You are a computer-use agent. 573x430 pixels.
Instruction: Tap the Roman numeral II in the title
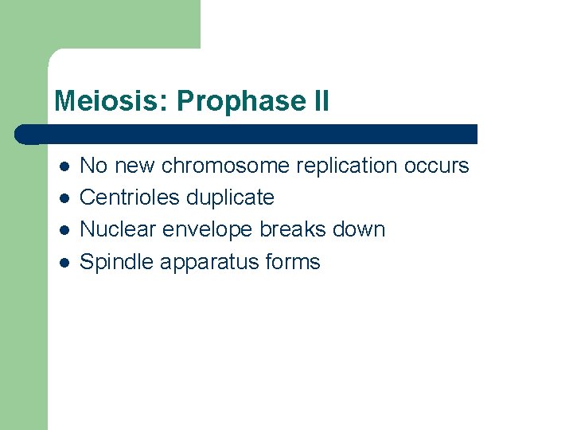click(x=318, y=101)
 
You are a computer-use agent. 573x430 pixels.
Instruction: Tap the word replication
click(x=348, y=166)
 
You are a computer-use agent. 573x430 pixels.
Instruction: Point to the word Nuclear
click(x=118, y=229)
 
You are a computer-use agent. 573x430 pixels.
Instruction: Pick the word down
click(x=359, y=229)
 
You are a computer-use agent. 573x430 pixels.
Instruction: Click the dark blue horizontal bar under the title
click(x=247, y=134)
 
